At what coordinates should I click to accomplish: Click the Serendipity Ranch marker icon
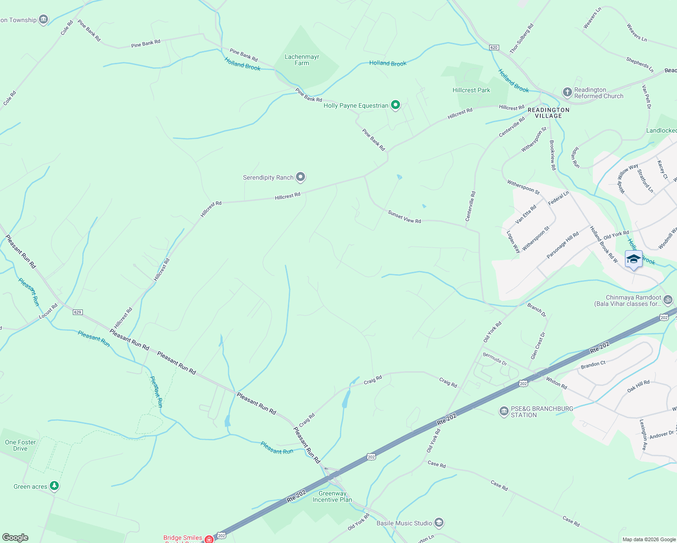300,177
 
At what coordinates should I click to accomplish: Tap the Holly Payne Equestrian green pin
396,105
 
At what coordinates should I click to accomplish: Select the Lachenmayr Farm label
302,60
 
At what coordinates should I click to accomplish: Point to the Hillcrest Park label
471,90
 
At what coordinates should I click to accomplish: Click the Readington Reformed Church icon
567,92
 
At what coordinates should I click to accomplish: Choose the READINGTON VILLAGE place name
548,113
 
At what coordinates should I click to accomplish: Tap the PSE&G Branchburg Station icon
504,411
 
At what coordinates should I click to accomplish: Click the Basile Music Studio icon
439,523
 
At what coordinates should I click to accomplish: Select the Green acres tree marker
54,486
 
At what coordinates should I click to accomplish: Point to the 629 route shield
78,312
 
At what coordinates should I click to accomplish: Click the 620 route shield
494,48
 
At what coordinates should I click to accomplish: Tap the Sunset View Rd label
404,217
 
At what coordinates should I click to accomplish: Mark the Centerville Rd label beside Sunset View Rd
471,206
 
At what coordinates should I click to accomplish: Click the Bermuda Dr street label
495,359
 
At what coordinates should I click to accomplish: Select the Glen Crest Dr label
538,346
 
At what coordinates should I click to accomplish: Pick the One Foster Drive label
20,445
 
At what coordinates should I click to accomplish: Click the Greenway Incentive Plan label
332,496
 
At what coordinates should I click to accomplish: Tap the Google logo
15,538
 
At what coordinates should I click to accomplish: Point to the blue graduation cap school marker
633,259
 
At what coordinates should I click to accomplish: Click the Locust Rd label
48,311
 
